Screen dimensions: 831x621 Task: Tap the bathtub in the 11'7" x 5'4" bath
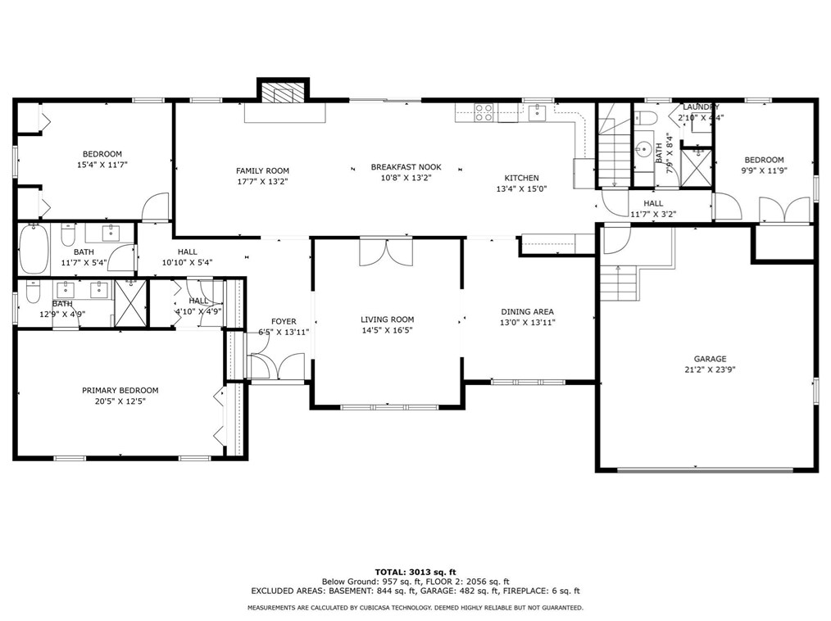coord(34,248)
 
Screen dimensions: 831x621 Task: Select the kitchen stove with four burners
coord(484,112)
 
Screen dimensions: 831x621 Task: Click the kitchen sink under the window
coord(537,112)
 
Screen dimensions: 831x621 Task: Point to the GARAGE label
coord(710,359)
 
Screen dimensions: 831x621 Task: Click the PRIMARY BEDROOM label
coord(120,391)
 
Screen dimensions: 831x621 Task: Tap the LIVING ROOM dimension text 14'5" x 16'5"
coord(387,330)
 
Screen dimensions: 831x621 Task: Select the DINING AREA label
coord(527,311)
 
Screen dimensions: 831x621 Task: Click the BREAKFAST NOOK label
coord(406,167)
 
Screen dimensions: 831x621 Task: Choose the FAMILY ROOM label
coord(262,170)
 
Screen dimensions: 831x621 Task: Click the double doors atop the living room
coord(386,252)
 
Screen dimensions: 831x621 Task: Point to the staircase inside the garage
coord(618,283)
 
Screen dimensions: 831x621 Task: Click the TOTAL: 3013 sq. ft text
coord(415,572)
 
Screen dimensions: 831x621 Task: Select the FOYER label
coord(284,322)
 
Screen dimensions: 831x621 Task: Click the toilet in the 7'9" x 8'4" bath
coord(647,118)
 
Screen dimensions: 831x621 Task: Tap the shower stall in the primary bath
coord(130,303)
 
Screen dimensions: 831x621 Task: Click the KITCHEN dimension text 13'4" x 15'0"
coord(521,188)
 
